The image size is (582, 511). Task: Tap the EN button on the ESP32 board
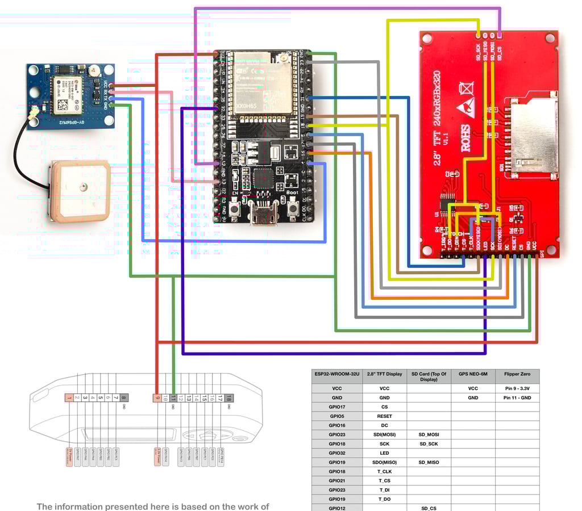click(235, 208)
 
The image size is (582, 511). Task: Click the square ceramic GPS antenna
click(80, 190)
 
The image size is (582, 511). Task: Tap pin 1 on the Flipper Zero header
click(69, 398)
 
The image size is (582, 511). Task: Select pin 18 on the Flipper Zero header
click(228, 398)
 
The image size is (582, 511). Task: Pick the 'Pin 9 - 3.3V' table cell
click(517, 388)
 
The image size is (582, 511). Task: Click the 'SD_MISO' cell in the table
click(429, 462)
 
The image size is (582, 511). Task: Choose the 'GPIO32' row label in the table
click(336, 453)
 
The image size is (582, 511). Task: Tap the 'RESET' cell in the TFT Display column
click(384, 416)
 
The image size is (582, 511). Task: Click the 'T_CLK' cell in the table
click(384, 471)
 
